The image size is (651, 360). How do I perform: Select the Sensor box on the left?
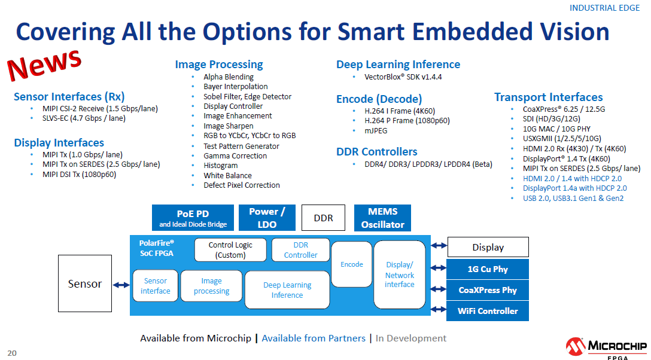[x=84, y=284]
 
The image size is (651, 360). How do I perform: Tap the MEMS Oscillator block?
[x=383, y=218]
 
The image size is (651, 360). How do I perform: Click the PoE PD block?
[x=193, y=218]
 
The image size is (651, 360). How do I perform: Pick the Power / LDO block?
[x=267, y=218]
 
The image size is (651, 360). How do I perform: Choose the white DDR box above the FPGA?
[x=324, y=218]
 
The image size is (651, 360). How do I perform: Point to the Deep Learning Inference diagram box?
[x=287, y=290]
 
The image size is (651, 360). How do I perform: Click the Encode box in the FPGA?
[x=352, y=264]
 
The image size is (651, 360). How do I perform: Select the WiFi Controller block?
[x=488, y=311]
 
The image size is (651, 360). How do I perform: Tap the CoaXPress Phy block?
[x=488, y=290]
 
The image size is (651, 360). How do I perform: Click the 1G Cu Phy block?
[x=488, y=269]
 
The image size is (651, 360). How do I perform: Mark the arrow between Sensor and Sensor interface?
[x=121, y=285]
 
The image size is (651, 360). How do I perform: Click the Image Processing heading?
[x=219, y=65]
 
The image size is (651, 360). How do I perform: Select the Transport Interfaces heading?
[x=548, y=97]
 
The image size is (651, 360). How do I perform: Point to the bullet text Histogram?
[x=220, y=166]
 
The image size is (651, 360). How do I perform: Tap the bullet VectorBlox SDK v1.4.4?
[x=403, y=77]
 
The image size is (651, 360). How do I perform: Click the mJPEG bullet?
[x=377, y=130]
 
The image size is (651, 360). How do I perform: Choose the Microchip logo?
[x=606, y=347]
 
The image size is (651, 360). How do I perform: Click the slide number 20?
[x=12, y=353]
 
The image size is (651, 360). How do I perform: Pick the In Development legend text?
[x=411, y=338]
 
